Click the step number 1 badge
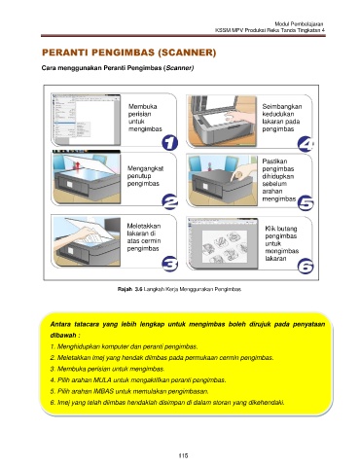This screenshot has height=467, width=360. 169,143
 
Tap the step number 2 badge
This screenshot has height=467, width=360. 169,201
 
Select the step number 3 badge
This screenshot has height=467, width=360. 169,264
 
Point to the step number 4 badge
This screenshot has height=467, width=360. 306,144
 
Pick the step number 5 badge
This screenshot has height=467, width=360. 306,203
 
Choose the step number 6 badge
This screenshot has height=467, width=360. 306,267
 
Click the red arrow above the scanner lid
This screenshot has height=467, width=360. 77,164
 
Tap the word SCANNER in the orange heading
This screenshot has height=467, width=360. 187,53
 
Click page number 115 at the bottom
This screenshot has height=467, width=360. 183,455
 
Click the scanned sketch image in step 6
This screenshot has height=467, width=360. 225,247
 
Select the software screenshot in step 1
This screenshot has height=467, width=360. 86,120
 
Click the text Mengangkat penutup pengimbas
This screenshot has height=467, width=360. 145,176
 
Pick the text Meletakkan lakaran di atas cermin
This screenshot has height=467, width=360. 144,233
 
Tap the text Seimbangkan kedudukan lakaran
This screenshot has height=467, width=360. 281,114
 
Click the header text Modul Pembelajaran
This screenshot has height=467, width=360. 299,24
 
